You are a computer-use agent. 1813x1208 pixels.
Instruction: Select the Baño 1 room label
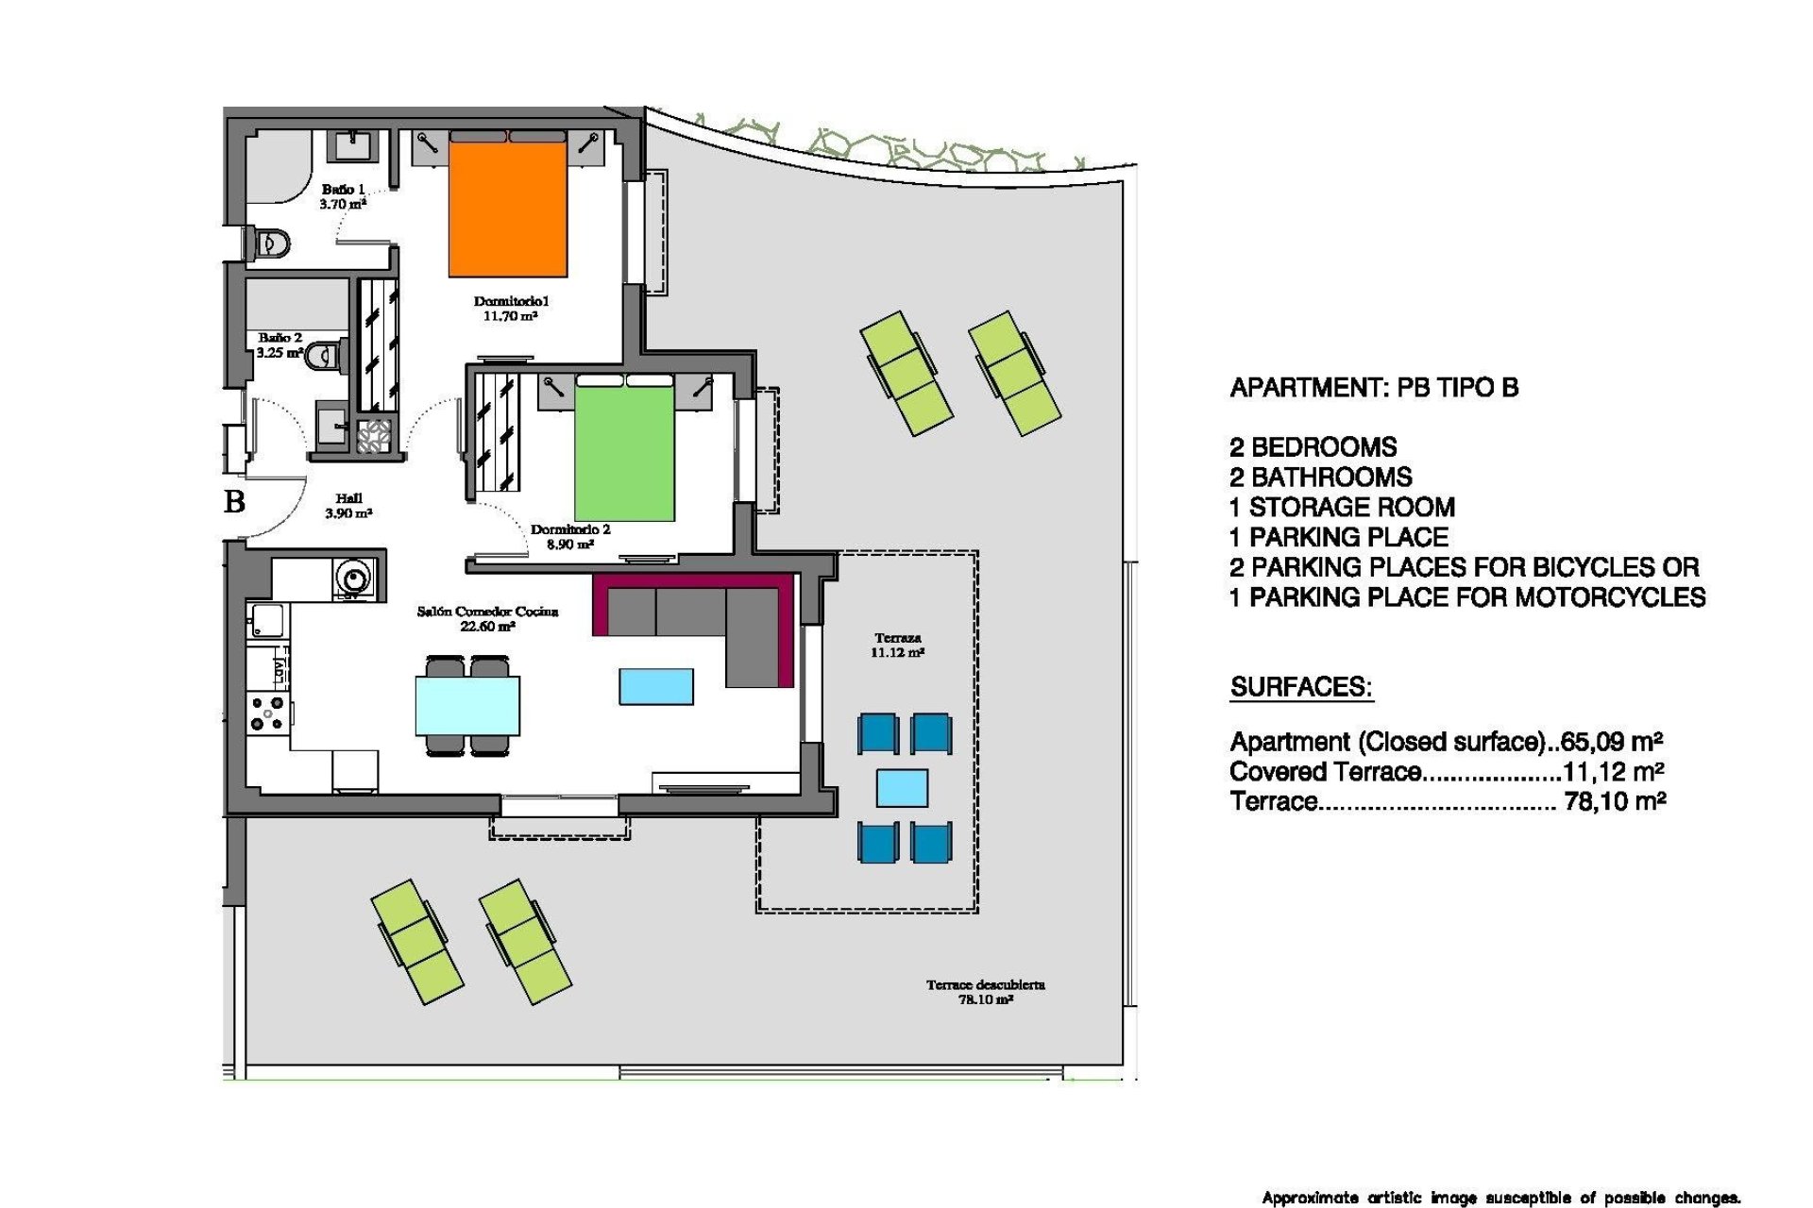click(343, 196)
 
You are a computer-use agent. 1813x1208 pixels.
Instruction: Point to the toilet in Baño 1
click(271, 244)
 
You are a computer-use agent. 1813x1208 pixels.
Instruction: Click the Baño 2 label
click(280, 344)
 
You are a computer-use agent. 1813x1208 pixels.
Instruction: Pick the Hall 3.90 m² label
click(348, 506)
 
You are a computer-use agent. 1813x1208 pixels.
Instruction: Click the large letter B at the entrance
click(235, 501)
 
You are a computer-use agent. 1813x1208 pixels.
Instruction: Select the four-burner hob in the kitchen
click(266, 713)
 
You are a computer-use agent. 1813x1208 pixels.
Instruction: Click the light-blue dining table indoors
click(467, 705)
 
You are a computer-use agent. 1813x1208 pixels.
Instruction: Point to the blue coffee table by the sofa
click(656, 686)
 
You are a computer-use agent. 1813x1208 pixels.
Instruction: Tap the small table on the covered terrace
click(902, 787)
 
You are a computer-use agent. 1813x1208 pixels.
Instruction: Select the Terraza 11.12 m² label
click(897, 646)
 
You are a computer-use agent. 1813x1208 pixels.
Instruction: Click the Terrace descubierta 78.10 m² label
click(985, 992)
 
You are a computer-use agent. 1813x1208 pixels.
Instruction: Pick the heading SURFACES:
click(1300, 687)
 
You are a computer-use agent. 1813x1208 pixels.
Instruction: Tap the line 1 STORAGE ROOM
click(1342, 508)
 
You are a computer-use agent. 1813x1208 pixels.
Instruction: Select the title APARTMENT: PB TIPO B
click(1374, 388)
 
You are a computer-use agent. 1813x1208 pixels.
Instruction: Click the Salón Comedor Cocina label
click(487, 618)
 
